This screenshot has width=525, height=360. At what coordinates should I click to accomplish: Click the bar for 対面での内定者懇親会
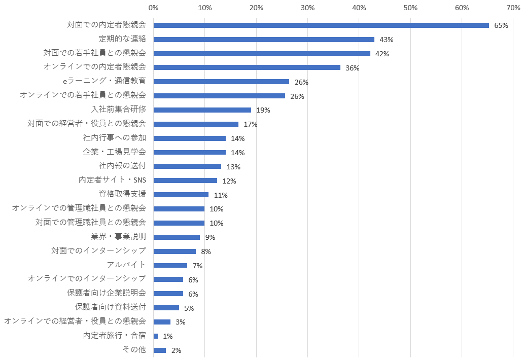point(321,25)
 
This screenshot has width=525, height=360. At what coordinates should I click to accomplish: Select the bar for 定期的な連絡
point(264,40)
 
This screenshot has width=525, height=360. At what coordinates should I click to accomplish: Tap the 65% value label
point(501,25)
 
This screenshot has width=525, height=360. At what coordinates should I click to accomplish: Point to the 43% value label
point(387,40)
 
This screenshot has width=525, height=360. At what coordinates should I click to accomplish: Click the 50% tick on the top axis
point(410,8)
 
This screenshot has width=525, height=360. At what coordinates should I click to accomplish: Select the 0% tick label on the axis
point(153,8)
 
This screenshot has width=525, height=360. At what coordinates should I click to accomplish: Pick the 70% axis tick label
point(513,8)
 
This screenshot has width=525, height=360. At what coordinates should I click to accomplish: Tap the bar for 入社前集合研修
point(202,110)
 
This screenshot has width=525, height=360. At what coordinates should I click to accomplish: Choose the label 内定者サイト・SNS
point(112,180)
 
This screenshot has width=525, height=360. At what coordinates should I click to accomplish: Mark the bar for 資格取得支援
point(181,195)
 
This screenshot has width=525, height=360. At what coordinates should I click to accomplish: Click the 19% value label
point(263,110)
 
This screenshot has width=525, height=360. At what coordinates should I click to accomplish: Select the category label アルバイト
point(126,265)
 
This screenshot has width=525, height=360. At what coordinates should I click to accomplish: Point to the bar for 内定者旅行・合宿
point(156,336)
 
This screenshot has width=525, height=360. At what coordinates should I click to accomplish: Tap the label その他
point(134,349)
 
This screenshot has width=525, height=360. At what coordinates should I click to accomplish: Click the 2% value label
point(176,350)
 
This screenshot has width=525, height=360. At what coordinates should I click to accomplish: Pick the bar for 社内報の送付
point(187,166)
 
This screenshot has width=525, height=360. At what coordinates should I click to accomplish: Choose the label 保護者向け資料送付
point(110,307)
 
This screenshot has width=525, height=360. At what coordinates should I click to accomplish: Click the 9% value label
point(210,237)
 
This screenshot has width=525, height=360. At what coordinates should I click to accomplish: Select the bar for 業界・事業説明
point(177,237)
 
